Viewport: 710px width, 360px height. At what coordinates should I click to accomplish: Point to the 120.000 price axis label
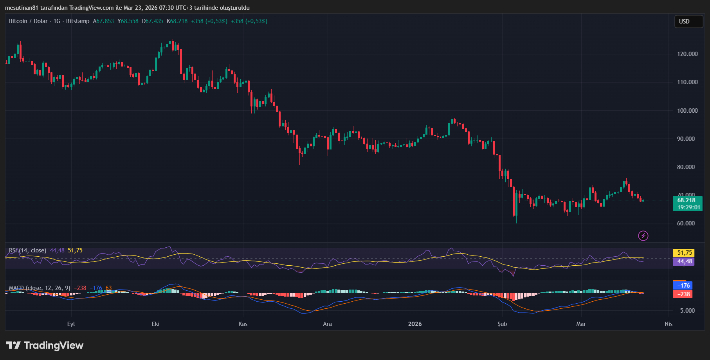(687, 54)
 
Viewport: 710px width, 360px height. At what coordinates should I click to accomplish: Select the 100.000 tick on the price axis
(687, 111)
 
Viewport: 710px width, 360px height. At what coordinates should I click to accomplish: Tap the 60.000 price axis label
(686, 223)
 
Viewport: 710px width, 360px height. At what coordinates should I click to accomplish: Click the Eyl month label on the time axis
(71, 324)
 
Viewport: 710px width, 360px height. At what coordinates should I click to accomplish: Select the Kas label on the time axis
(243, 324)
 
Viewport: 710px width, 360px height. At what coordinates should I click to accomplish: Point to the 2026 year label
(415, 324)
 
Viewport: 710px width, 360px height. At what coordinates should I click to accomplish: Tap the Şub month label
(502, 324)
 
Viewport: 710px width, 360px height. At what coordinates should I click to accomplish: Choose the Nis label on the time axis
(669, 324)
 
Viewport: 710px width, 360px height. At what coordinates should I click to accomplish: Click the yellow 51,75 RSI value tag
(683, 253)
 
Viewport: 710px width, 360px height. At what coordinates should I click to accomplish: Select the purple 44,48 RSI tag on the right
(683, 261)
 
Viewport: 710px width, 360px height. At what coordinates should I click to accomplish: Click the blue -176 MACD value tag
(683, 286)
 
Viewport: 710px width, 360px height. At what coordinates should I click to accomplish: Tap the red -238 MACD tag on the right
(683, 294)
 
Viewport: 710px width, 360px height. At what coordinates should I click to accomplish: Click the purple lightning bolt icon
(643, 236)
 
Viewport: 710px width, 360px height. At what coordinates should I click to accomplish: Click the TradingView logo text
(54, 345)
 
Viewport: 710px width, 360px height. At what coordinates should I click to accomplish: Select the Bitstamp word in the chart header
(77, 21)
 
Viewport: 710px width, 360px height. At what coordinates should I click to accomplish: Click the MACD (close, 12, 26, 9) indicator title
(40, 288)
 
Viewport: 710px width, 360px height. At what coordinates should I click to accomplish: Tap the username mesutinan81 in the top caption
(21, 8)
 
